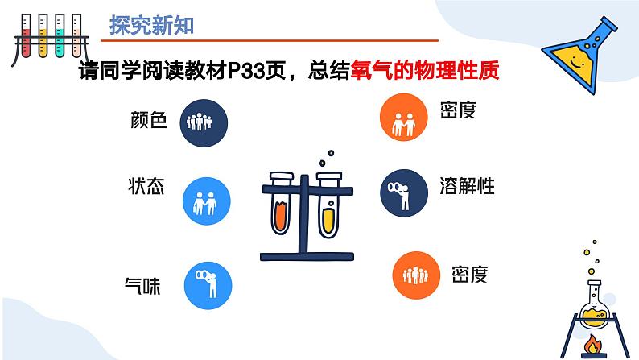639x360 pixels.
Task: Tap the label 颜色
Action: point(147,121)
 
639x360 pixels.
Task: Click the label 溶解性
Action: point(468,186)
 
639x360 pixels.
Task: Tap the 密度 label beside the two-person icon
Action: point(459,110)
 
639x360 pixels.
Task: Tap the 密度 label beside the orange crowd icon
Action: point(469,275)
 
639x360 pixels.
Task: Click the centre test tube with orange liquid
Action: point(282,207)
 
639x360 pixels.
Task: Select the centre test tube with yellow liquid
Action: point(328,207)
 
